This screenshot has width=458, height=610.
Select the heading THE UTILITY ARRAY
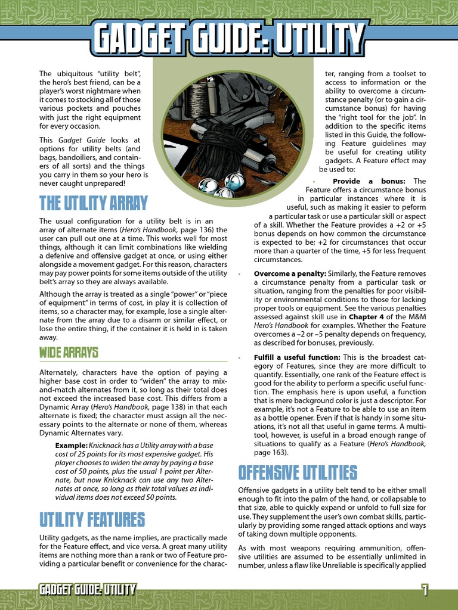click(93, 204)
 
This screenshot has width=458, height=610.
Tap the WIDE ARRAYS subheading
click(69, 352)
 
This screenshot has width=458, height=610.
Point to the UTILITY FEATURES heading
click(92, 519)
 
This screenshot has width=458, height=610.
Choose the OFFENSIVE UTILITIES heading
click(298, 473)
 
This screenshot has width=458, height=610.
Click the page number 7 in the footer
click(425, 590)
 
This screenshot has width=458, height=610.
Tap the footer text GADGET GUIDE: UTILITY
click(87, 590)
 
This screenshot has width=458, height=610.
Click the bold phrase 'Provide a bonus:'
click(369, 181)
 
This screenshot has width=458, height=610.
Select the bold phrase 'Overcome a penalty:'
click(290, 273)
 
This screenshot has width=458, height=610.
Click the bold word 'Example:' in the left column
click(71, 446)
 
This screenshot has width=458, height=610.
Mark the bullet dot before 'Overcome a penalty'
click(239, 274)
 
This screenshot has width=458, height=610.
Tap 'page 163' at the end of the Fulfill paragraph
click(272, 452)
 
